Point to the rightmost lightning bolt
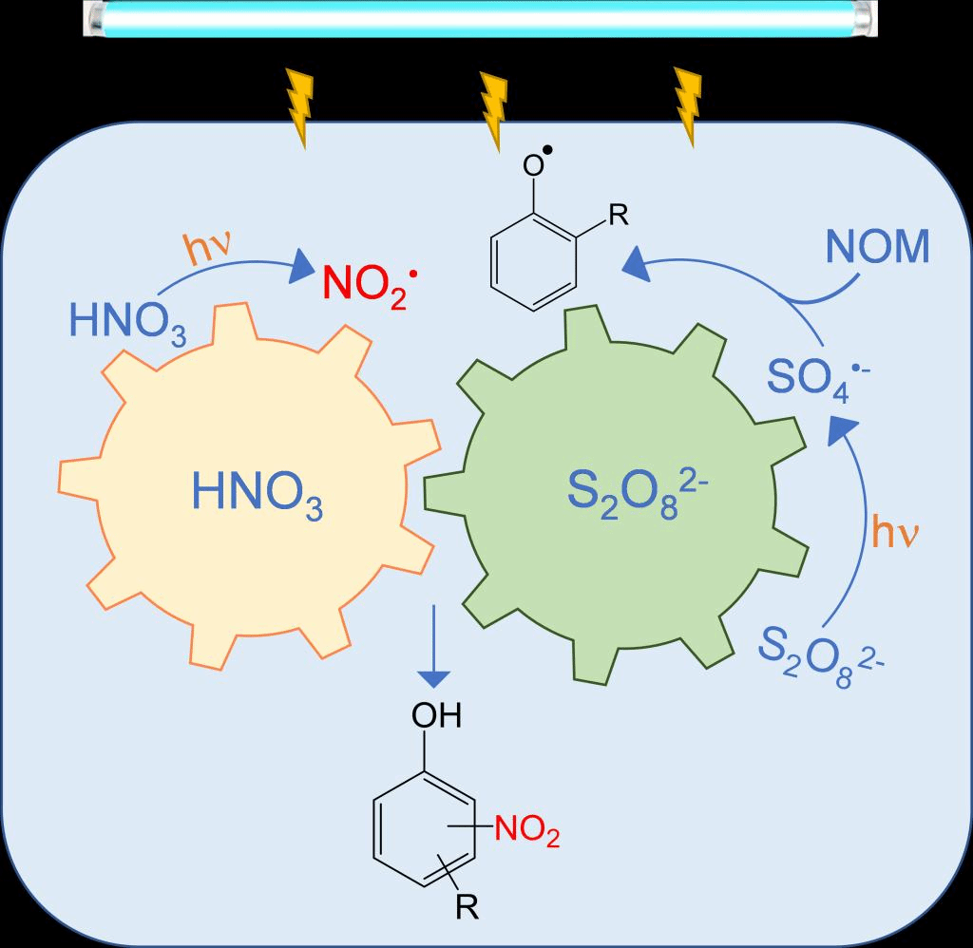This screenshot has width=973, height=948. pos(686,106)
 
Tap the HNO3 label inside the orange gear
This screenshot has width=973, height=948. pos(258,494)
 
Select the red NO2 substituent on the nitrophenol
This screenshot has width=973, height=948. pos(525,833)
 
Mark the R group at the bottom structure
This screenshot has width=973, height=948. pos(466,909)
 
